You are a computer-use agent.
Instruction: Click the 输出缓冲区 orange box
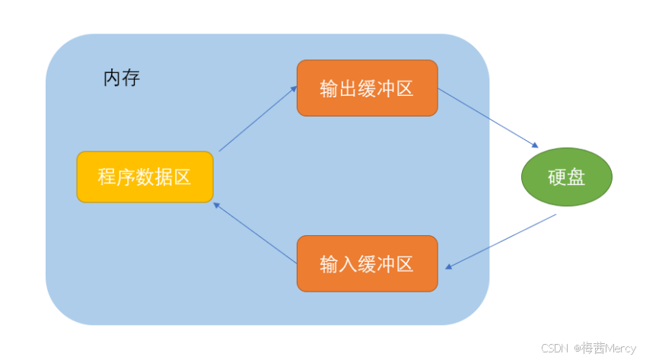pyautogui.click(x=367, y=88)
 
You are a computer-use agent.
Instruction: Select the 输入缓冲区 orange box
pyautogui.click(x=367, y=263)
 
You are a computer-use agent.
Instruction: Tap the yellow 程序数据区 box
pyautogui.click(x=145, y=177)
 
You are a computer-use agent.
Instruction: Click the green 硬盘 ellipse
pyautogui.click(x=567, y=177)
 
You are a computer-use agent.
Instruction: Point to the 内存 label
pyautogui.click(x=122, y=78)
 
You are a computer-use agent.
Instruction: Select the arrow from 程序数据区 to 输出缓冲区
pyautogui.click(x=257, y=119)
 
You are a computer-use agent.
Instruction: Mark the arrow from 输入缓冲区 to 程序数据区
pyautogui.click(x=255, y=233)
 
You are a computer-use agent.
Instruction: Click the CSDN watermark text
pyautogui.click(x=555, y=348)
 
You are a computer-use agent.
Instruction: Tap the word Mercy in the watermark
pyautogui.click(x=621, y=348)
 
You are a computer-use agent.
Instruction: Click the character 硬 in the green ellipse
pyautogui.click(x=557, y=177)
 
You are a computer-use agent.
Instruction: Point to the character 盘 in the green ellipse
pyautogui.click(x=577, y=177)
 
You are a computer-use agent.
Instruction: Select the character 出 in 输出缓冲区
pyautogui.click(x=348, y=89)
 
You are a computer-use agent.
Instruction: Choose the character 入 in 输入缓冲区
pyautogui.click(x=348, y=264)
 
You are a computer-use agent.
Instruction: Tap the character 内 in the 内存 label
pyautogui.click(x=112, y=78)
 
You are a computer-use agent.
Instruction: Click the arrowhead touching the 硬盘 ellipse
pyautogui.click(x=536, y=145)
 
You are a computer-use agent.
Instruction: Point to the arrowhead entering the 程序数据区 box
pyautogui.click(x=217, y=205)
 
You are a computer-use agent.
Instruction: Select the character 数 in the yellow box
pyautogui.click(x=145, y=177)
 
